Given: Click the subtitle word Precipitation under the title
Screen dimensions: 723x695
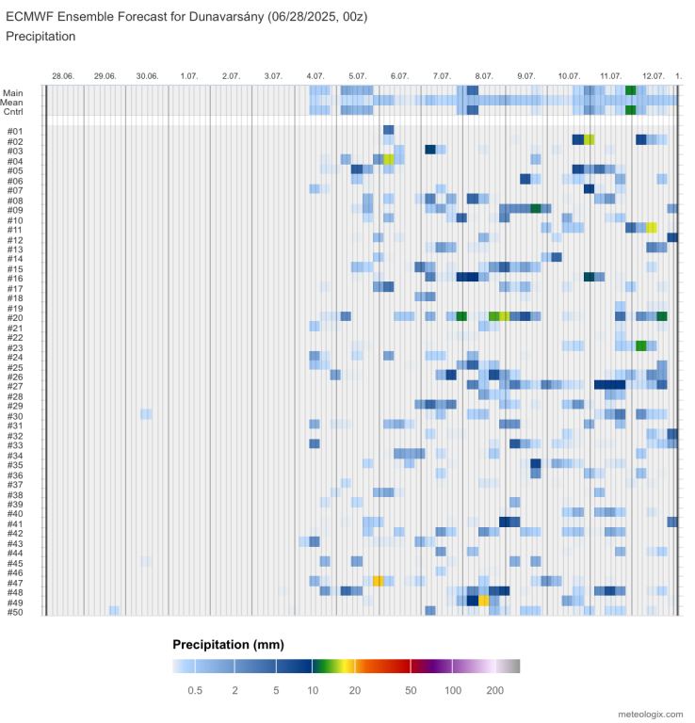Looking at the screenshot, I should pos(40,36).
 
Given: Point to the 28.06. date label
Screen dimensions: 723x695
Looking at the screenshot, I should pos(63,75).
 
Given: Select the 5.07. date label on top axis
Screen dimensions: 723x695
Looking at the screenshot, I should pos(357,75).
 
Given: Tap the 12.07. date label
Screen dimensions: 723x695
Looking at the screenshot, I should pos(653,75).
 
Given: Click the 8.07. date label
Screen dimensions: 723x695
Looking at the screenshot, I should pos(484,75).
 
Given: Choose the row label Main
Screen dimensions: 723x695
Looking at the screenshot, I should pos(13,92).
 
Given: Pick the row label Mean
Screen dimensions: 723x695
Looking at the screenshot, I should pos(13,102).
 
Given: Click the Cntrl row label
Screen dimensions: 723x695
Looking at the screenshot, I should pos(13,111).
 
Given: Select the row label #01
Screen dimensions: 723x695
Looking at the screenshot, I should pos(14,131).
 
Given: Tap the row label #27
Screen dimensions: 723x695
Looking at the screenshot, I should pos(14,386).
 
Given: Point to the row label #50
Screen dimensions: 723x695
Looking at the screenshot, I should pos(14,612).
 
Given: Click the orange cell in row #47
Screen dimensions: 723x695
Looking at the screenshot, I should pos(378,582).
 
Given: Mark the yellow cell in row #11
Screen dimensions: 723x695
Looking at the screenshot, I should pos(651,228).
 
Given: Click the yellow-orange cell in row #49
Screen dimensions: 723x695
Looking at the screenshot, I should pos(483,601).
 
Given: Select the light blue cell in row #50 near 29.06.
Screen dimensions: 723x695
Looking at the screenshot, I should pos(114,611).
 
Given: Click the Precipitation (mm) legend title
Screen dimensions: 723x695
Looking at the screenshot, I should pos(228,645).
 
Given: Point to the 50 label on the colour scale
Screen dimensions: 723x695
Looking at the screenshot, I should pos(411,691).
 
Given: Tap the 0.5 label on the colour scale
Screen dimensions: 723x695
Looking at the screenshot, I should pos(195,691).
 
